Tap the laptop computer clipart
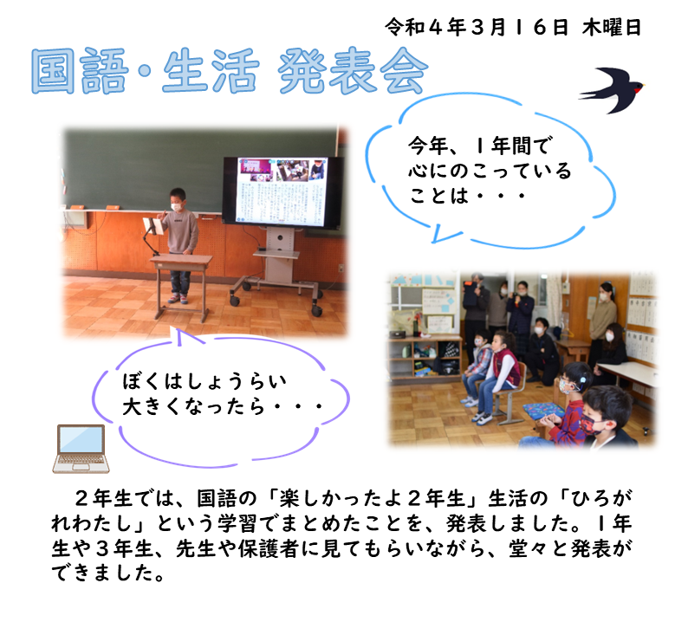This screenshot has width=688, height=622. click(81, 448)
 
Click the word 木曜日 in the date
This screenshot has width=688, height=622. click(612, 28)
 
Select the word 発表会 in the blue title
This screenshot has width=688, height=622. click(354, 72)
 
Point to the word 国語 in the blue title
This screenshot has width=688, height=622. click(80, 71)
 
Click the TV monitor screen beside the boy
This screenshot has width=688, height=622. click(282, 191)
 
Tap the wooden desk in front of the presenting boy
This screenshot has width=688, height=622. click(181, 286)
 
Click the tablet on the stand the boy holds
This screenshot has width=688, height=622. click(153, 226)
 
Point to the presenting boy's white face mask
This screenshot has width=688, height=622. click(177, 206)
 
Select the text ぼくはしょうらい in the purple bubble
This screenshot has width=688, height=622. click(204, 381)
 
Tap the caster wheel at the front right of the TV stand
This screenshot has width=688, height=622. click(316, 310)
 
